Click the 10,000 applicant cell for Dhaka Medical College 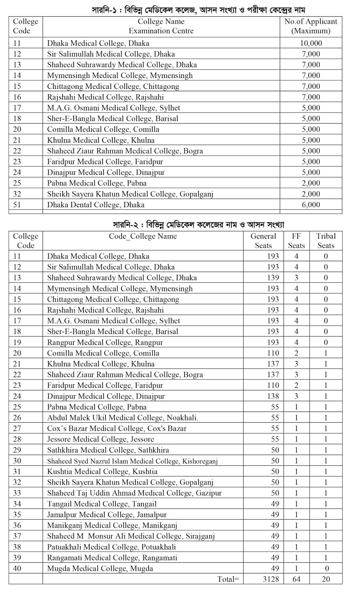click(x=311, y=43)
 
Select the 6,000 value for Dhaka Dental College click(x=311, y=205)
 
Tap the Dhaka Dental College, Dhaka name click(x=96, y=205)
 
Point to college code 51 click(x=17, y=205)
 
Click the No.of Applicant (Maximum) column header click(x=311, y=26)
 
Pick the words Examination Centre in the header click(x=161, y=31)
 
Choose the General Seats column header click(x=263, y=241)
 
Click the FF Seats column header click(x=296, y=241)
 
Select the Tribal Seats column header click(x=326, y=241)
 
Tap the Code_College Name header click(x=143, y=236)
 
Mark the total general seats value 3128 click(x=271, y=579)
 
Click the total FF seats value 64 click(x=296, y=579)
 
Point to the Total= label click(x=228, y=579)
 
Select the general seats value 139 click(x=273, y=278)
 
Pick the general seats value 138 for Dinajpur click(x=273, y=396)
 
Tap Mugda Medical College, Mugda click(x=100, y=569)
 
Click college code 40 click(x=17, y=569)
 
